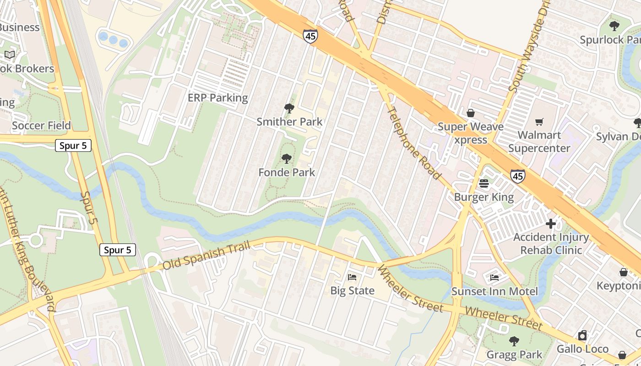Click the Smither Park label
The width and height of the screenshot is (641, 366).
pos(289,122)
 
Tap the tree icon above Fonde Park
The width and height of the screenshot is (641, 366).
pos(287,159)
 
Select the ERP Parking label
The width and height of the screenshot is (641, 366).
pos(218,98)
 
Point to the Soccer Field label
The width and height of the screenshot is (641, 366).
pos(41,126)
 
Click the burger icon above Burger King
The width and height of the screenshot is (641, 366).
pos(484,184)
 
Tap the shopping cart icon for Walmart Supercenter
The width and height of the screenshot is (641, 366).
pos(539,122)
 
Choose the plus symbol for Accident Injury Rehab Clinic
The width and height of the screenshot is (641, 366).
pos(551,224)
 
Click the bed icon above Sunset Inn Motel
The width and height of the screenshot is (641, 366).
pos(494,278)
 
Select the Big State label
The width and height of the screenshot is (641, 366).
pos(353,291)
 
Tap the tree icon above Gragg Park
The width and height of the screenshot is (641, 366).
pos(514,341)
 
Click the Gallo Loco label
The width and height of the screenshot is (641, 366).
pos(582,349)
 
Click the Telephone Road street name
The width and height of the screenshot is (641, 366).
pos(414,143)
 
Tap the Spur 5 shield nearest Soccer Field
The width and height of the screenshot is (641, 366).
pos(73,146)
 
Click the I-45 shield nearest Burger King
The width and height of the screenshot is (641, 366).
pos(518,176)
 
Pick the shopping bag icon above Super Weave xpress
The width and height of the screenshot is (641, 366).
pos(470,113)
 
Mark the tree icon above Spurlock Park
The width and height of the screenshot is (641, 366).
pos(614,26)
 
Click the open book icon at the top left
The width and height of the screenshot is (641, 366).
pos(10,55)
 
